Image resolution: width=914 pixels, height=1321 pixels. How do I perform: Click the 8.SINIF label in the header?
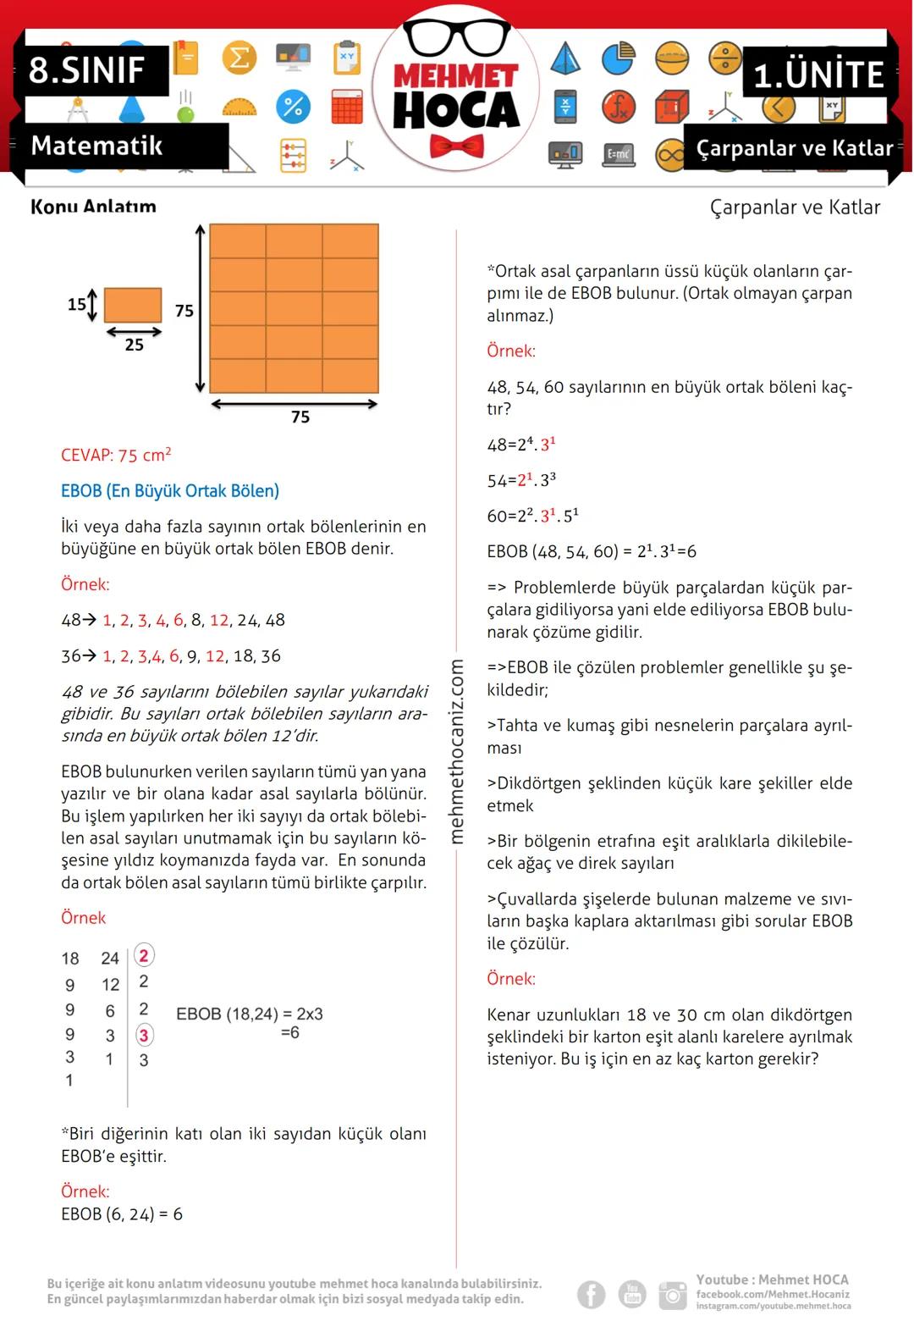(87, 69)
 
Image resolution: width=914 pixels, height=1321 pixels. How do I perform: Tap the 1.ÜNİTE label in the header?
(818, 75)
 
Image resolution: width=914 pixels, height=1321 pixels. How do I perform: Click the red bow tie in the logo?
(456, 146)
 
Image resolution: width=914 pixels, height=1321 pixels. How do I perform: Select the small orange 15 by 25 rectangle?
(133, 305)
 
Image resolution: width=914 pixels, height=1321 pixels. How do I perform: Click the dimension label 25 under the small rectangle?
(134, 345)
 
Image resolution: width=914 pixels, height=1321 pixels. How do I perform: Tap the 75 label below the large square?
(300, 417)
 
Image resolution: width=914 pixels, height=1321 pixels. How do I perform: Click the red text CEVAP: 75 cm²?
(116, 455)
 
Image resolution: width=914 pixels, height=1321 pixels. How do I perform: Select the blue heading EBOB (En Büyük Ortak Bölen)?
(170, 491)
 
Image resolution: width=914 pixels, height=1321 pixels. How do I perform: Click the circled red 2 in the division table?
(144, 956)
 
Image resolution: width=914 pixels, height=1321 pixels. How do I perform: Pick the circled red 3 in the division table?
(144, 1035)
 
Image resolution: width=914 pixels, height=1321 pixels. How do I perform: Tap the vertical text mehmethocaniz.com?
(457, 751)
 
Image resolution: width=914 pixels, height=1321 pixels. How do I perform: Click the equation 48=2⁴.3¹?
(520, 445)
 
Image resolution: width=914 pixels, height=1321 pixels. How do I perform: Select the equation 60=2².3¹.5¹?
(532, 516)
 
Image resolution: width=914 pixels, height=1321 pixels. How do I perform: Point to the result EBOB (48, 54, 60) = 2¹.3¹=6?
(592, 551)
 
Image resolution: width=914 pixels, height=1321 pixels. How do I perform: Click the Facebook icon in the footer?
(592, 1294)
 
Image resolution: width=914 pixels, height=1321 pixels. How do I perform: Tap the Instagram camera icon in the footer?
(673, 1294)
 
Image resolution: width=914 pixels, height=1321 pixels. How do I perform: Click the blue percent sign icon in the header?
(293, 107)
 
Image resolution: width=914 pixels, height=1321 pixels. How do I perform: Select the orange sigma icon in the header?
(240, 58)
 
